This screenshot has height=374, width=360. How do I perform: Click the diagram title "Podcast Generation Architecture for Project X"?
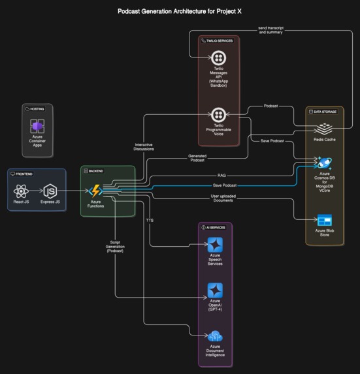click(x=180, y=11)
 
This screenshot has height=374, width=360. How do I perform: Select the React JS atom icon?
click(x=21, y=191)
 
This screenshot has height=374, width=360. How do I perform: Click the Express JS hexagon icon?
click(x=50, y=191)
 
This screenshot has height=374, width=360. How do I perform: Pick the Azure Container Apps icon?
click(x=38, y=127)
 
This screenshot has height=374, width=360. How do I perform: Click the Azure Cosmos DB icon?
click(x=324, y=163)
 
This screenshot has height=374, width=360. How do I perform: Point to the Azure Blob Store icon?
click(x=324, y=220)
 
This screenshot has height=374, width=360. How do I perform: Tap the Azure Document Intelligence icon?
click(x=215, y=336)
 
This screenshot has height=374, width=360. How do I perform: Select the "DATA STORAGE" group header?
click(x=327, y=112)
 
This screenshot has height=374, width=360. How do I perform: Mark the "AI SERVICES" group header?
click(x=216, y=227)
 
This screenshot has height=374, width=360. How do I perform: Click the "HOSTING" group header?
click(x=41, y=108)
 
